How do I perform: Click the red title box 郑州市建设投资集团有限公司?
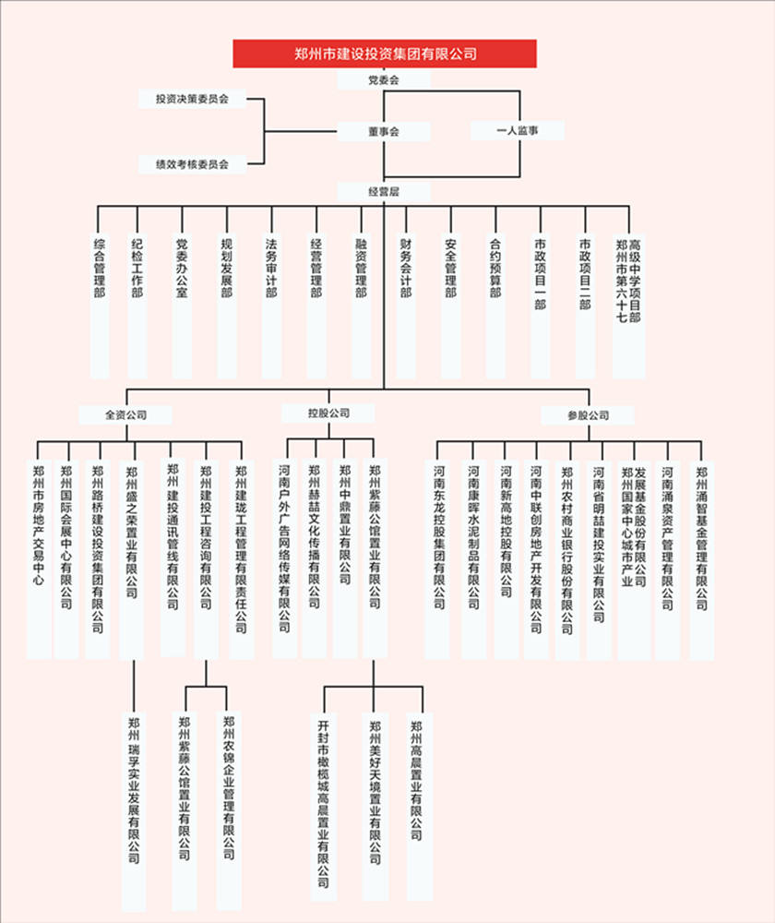(x=384, y=54)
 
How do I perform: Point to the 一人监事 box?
(x=517, y=131)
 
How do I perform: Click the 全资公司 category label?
(x=125, y=414)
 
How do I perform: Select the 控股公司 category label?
(x=328, y=413)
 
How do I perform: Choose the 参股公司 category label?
(x=588, y=415)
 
